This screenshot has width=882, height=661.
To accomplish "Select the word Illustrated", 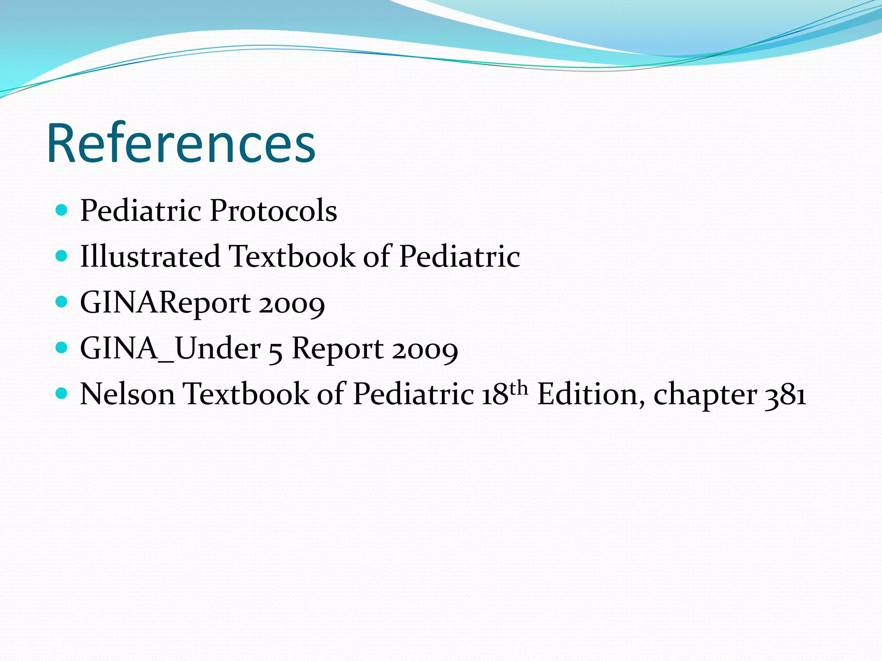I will click(150, 256).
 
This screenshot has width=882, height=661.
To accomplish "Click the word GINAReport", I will click(165, 303).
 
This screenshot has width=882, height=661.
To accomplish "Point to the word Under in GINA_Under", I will click(217, 348).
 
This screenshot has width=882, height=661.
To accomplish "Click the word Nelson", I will click(127, 394).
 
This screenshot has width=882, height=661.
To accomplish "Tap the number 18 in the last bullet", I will click(494, 394).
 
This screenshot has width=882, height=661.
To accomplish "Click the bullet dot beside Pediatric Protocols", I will click(62, 210).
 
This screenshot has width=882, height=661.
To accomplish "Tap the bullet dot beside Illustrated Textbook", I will click(62, 256).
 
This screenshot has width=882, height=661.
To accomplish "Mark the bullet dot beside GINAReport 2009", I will click(62, 302).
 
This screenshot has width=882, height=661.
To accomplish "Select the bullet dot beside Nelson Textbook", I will click(62, 393).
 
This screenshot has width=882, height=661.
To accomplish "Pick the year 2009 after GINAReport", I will click(292, 304).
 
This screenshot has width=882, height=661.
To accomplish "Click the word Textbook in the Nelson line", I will click(246, 394).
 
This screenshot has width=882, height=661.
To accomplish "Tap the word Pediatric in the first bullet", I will click(140, 211).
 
